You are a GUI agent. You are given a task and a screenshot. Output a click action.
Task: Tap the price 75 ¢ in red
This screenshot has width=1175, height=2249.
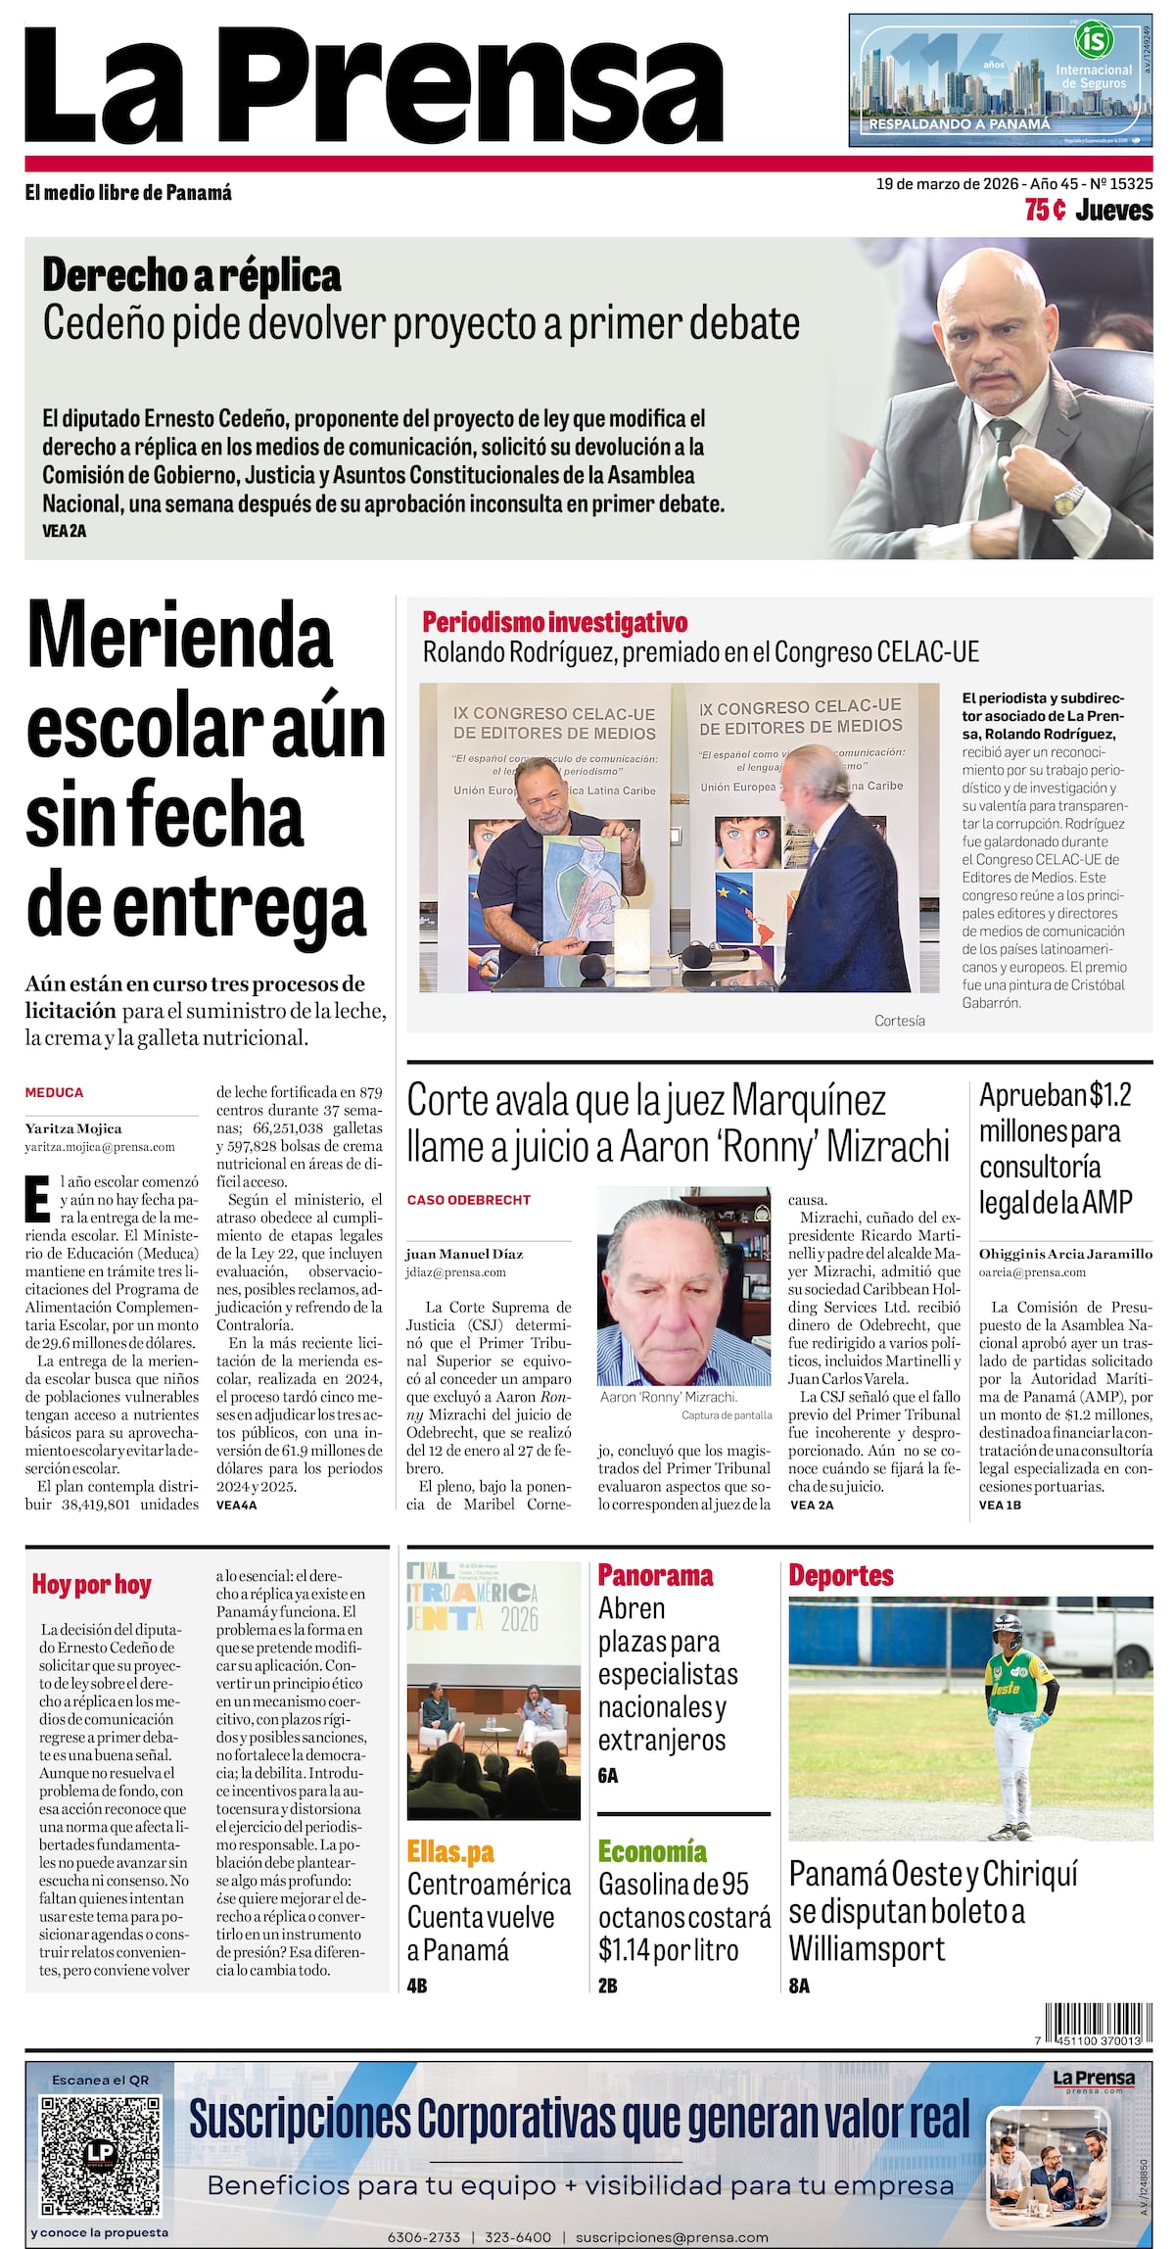tap(1045, 210)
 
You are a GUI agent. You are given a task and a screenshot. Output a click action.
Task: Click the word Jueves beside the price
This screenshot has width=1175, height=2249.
tap(1114, 210)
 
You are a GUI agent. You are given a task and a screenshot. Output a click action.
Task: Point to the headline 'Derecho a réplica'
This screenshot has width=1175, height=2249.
tap(192, 276)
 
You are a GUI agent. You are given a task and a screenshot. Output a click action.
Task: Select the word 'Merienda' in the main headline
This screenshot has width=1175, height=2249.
tap(180, 637)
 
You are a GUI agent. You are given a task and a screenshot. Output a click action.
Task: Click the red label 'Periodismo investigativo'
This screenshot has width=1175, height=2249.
tap(555, 622)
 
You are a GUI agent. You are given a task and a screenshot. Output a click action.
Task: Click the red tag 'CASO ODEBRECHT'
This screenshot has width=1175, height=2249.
tap(469, 1199)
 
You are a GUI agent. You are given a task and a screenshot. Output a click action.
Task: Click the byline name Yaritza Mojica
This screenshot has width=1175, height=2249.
tap(73, 1128)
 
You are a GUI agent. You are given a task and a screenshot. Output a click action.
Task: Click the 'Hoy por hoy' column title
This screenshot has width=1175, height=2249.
tap(92, 1584)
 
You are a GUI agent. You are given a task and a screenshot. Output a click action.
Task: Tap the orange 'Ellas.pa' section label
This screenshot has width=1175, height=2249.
tap(450, 1851)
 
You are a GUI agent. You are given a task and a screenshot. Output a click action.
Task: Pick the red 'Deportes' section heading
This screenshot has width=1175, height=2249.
tap(841, 1575)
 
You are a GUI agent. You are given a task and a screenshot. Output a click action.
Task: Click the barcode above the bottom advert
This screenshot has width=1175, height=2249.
tap(1093, 2024)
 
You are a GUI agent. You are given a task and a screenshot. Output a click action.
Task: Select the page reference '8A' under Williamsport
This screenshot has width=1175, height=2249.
tap(799, 1986)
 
